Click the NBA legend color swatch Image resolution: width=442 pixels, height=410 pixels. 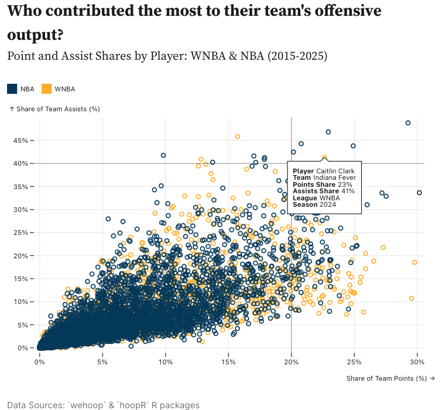[12, 89]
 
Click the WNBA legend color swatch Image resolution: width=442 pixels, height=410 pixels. [46, 89]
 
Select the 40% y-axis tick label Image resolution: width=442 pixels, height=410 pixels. [20, 163]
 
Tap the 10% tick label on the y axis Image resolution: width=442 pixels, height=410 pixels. [20, 302]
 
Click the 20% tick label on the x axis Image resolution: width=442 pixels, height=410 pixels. [291, 362]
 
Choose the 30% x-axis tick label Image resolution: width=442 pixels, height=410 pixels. [417, 362]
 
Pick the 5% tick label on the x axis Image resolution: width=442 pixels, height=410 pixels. [102, 362]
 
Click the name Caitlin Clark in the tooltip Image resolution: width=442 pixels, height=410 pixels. [335, 171]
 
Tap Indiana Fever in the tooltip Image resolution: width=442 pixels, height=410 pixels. [334, 177]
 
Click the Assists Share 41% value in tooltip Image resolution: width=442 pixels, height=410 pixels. [348, 191]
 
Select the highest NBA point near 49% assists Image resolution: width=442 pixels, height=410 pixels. [408, 123]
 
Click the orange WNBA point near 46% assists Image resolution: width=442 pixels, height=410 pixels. [237, 136]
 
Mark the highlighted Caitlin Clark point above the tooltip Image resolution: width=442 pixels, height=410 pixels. [324, 158]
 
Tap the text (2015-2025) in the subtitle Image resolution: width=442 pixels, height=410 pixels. [297, 56]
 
